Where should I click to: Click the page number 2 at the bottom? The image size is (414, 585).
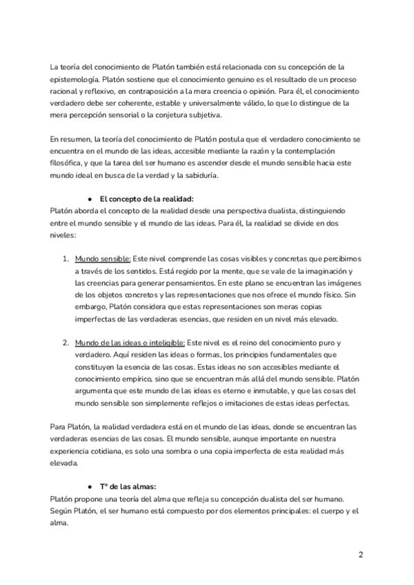point(360,554)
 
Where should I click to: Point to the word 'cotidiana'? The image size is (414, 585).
point(103,452)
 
